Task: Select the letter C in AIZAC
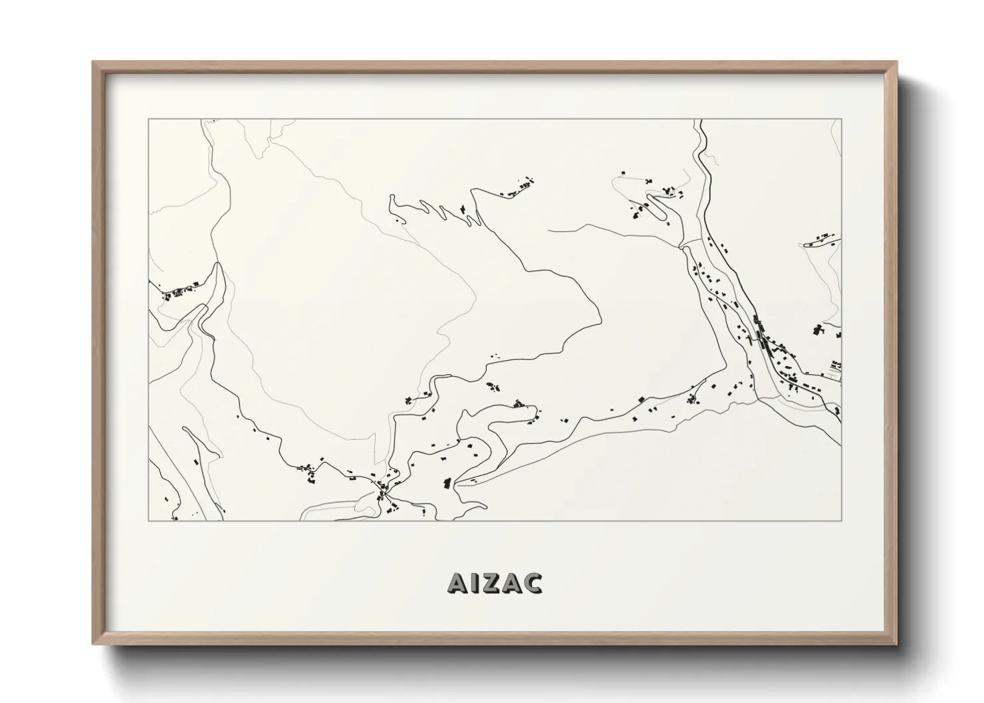pyautogui.click(x=532, y=583)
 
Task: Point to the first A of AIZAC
pyautogui.click(x=457, y=583)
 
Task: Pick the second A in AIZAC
pyautogui.click(x=510, y=583)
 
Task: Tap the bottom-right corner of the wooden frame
pyautogui.click(x=897, y=644)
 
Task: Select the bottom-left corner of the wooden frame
pyautogui.click(x=93, y=644)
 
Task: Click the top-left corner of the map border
pyautogui.click(x=148, y=120)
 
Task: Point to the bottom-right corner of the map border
pyautogui.click(x=842, y=520)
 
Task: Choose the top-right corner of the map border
pyautogui.click(x=842, y=120)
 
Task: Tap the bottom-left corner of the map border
pyautogui.click(x=148, y=520)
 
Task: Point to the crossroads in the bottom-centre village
pyautogui.click(x=383, y=492)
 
